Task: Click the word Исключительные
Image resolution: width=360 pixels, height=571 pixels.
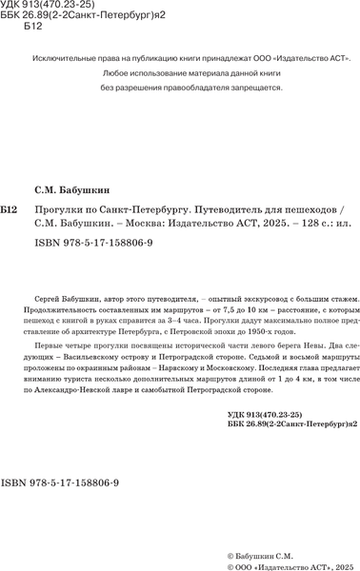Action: click(68, 58)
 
